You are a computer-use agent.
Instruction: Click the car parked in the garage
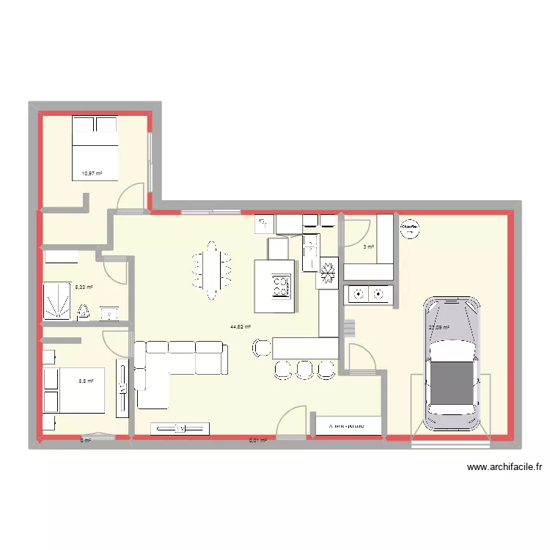pos(453,364)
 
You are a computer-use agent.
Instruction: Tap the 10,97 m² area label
pos(92,174)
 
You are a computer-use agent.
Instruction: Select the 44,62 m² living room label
pos(241,327)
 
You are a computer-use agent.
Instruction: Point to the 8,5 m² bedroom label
pos(87,381)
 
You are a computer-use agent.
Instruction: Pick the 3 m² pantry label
pos(369,247)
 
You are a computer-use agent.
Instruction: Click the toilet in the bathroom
pos(84,312)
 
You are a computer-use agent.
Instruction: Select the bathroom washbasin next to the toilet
pos(110,314)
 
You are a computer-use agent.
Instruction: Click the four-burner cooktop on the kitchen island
pos(281,285)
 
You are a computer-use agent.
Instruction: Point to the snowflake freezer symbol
pos(326,274)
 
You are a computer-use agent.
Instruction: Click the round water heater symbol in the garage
pos(411,229)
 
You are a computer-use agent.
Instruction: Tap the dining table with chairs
pos(212,270)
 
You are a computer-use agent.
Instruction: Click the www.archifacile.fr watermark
pos(503,467)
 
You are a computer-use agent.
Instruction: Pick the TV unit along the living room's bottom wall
pos(180,428)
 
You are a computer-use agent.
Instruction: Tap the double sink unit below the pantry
pos(369,295)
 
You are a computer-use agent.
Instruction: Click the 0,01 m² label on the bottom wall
pos(257,441)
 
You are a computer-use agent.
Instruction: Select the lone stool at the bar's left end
pos(260,347)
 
